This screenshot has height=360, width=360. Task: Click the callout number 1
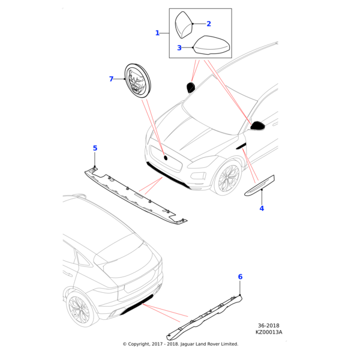tap(157, 33)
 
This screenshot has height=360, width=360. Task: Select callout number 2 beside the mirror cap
tap(209, 24)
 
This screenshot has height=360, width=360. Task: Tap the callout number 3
tap(179, 47)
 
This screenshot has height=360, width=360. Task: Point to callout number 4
tap(262, 209)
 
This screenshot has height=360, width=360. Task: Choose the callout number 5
tap(95, 148)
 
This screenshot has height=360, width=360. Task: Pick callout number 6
tap(240, 277)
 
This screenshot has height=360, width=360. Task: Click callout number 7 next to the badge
tap(111, 79)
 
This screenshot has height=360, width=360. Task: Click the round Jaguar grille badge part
tap(139, 81)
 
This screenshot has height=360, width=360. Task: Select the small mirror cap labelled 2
tap(184, 26)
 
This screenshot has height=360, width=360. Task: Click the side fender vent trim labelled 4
tap(260, 187)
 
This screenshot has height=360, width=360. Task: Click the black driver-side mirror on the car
tap(258, 125)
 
